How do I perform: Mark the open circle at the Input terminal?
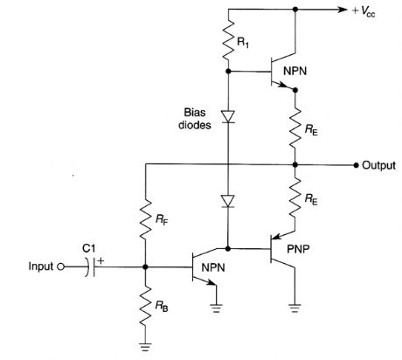(61, 266)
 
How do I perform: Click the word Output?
(379, 165)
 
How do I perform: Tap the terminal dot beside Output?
(355, 164)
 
